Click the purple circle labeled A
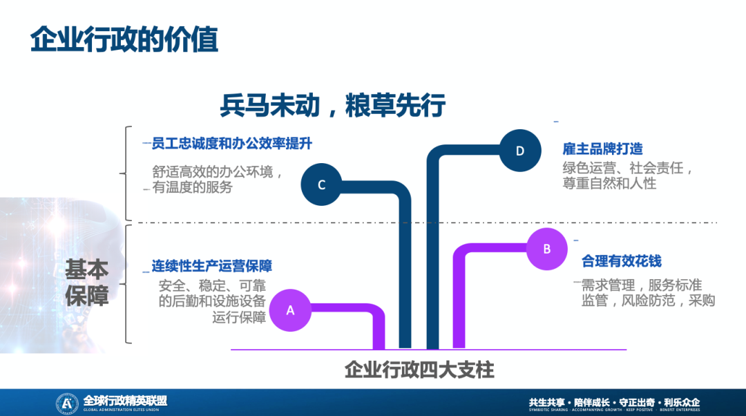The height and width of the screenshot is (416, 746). click(x=290, y=310)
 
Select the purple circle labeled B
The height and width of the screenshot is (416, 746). click(x=547, y=249)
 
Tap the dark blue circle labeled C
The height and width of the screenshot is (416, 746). click(x=321, y=185)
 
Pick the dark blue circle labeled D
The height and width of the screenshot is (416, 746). click(x=520, y=151)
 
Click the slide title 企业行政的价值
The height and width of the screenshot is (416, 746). click(x=124, y=40)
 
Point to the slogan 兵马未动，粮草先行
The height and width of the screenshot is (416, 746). click(x=333, y=106)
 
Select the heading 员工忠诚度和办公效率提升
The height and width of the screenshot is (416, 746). click(x=232, y=144)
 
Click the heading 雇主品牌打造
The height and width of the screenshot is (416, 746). click(x=603, y=149)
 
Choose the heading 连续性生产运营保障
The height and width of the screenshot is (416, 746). click(x=212, y=266)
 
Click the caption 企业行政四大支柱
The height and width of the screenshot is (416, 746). click(x=419, y=370)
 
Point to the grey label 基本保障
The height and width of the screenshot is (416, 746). click(x=87, y=283)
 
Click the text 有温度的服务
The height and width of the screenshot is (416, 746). click(x=193, y=187)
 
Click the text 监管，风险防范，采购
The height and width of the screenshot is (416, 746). click(x=648, y=301)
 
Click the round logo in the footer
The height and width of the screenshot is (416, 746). click(x=66, y=402)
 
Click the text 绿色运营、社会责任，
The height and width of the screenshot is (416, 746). click(x=627, y=168)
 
